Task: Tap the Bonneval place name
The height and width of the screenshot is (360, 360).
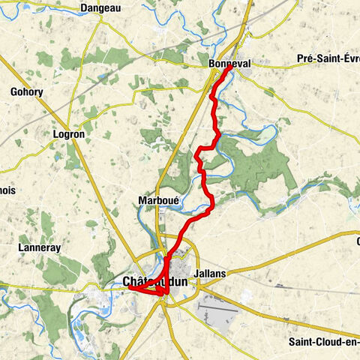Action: [229, 64]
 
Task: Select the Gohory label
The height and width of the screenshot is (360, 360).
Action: [27, 92]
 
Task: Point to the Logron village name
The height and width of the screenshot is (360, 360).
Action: [69, 133]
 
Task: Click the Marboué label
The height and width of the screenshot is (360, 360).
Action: [157, 200]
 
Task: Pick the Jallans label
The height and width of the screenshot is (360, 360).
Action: [209, 274]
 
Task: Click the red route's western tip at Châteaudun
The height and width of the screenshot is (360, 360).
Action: [129, 286]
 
